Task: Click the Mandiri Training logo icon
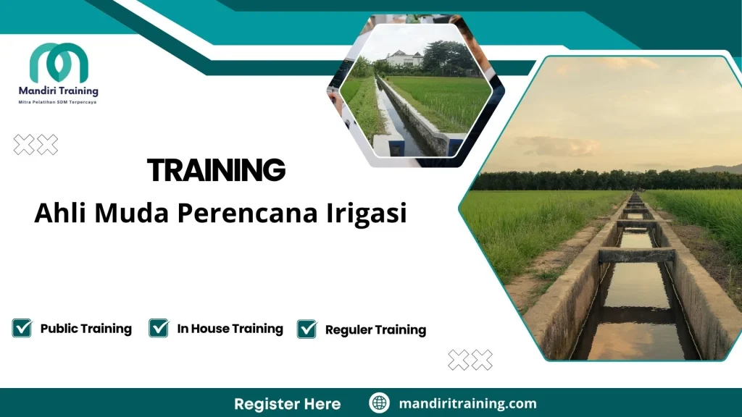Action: (59, 63)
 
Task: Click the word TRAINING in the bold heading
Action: (216, 171)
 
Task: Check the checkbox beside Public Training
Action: (22, 328)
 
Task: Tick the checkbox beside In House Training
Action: (159, 328)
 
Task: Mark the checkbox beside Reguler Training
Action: (307, 329)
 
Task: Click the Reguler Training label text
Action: (375, 330)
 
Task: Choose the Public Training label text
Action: (86, 329)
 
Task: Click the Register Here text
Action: (287, 403)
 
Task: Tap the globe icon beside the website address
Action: (379, 403)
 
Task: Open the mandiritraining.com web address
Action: (467, 403)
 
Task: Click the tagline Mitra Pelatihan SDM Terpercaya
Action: (57, 102)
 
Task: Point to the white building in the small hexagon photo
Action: (404, 59)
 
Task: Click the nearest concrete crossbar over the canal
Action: (636, 255)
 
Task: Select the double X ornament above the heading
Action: (36, 145)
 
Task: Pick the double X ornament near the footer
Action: (470, 359)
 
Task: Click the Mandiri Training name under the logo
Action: (58, 91)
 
